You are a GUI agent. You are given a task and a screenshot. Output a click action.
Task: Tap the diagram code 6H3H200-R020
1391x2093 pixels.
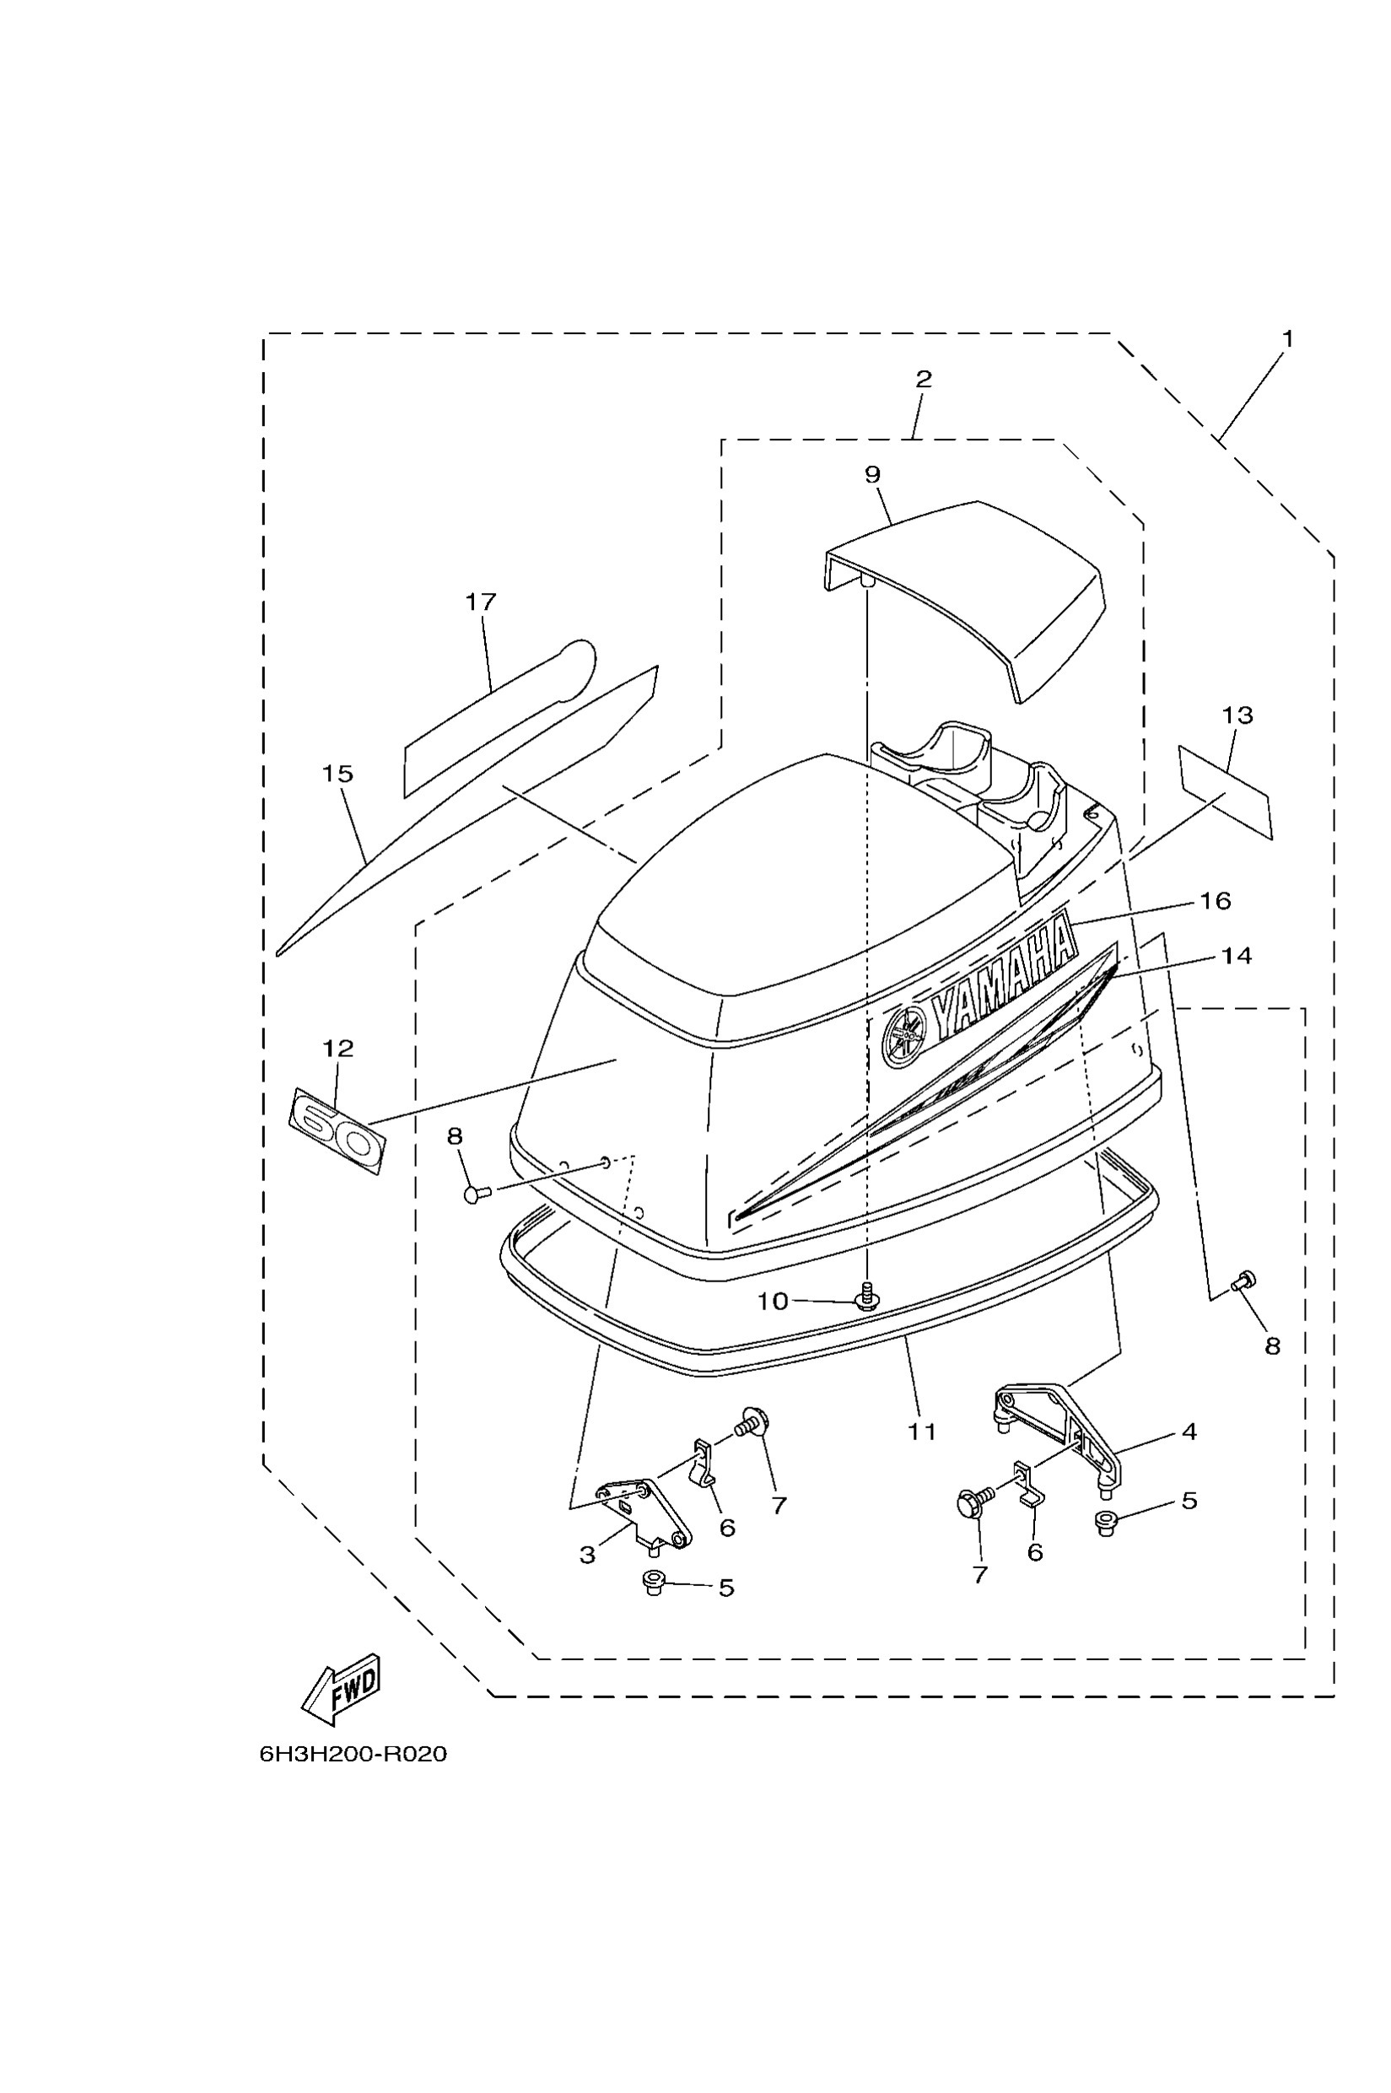[x=353, y=1754]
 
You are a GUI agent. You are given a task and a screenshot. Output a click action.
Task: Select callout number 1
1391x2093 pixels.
[x=1287, y=339]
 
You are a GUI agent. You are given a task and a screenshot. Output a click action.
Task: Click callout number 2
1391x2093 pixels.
[x=924, y=379]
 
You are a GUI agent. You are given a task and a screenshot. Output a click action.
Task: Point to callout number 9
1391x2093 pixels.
[x=873, y=475]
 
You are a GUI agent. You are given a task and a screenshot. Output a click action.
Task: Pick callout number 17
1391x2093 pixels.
[x=481, y=601]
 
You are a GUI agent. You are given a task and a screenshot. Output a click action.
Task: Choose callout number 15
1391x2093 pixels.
[x=338, y=774]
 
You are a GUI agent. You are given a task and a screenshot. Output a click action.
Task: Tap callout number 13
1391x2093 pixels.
[x=1237, y=715]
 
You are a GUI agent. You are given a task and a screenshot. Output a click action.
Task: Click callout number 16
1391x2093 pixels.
[x=1216, y=900]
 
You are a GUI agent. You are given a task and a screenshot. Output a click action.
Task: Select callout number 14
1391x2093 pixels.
[x=1237, y=956]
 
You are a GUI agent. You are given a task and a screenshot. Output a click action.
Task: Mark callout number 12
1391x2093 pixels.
[x=338, y=1049]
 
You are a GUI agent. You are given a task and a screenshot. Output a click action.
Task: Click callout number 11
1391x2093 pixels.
[x=922, y=1431]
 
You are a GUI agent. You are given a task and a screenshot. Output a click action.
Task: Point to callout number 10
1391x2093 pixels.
[x=772, y=1301]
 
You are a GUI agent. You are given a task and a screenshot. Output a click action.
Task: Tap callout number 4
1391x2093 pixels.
[x=1189, y=1431]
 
